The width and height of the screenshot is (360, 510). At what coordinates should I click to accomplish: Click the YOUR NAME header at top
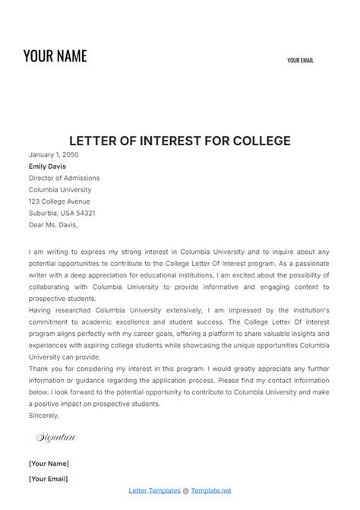(x=55, y=55)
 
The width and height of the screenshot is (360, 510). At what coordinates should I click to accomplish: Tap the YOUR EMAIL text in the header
(x=300, y=61)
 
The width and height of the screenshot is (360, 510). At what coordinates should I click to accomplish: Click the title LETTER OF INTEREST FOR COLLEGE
(x=179, y=141)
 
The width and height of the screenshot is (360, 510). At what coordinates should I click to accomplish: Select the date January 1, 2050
(x=53, y=154)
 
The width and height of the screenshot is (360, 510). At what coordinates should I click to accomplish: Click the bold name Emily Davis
(x=47, y=166)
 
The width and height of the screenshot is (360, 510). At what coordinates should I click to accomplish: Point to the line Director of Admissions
(x=64, y=178)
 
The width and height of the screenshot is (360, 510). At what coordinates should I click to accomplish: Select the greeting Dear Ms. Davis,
(x=53, y=225)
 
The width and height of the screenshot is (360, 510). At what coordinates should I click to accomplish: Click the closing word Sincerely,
(x=43, y=416)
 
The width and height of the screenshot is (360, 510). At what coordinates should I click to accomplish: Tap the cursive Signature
(x=56, y=438)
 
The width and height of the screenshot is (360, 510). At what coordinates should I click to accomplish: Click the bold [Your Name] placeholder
(x=49, y=463)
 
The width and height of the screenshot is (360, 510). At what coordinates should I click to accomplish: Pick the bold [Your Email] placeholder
(x=48, y=479)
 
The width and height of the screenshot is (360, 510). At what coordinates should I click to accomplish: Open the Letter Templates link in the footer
(x=156, y=491)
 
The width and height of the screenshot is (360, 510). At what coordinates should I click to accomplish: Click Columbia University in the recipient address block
(x=60, y=190)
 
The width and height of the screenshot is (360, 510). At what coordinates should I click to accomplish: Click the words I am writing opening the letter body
(x=51, y=250)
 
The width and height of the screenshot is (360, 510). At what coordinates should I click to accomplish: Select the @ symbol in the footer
(x=186, y=491)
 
